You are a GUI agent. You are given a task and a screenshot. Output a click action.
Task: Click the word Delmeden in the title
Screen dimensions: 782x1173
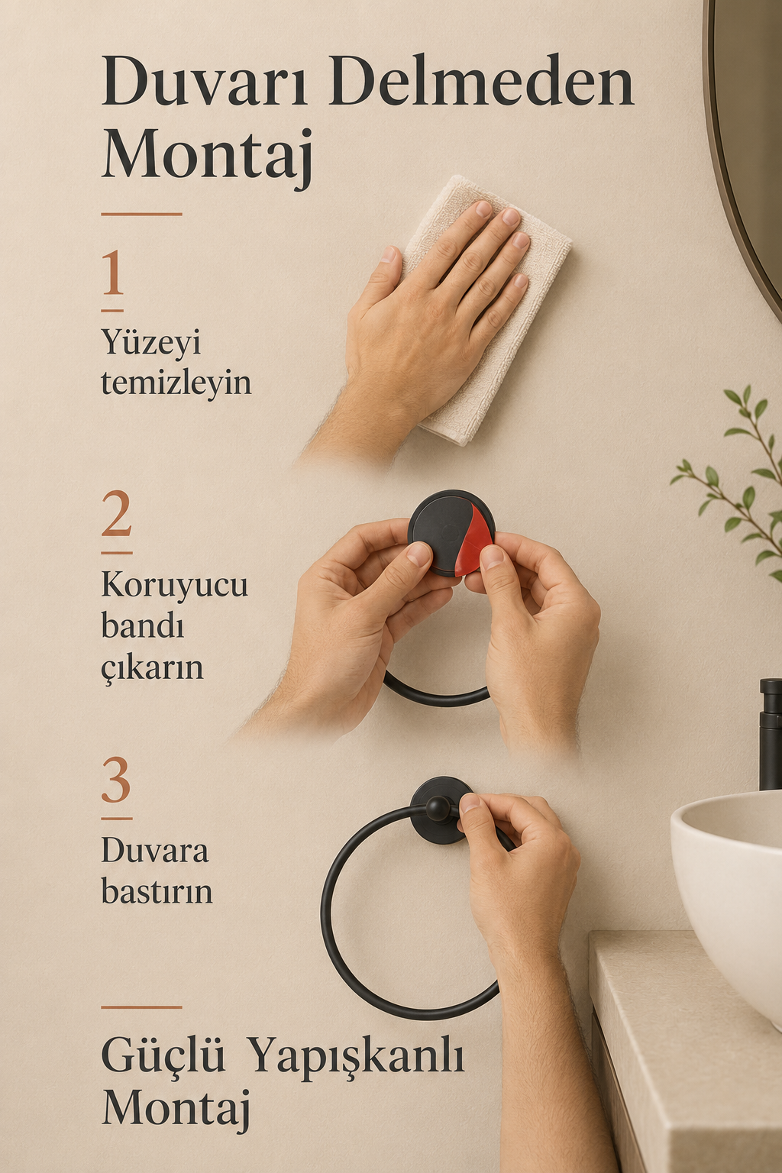(x=483, y=82)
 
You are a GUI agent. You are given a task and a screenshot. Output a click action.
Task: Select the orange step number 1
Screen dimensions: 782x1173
(x=113, y=273)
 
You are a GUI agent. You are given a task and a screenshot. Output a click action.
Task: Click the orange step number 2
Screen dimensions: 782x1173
(x=116, y=513)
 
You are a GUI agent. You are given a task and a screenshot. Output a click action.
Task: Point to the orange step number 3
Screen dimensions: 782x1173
(x=116, y=780)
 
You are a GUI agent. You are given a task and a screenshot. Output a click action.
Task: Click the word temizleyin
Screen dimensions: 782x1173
(x=176, y=384)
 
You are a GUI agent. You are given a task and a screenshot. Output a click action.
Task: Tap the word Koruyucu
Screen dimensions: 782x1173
(x=174, y=585)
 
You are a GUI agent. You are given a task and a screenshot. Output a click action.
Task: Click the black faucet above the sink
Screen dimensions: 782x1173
(x=771, y=734)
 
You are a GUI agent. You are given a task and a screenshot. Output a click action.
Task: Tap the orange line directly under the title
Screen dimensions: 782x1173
(x=141, y=214)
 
